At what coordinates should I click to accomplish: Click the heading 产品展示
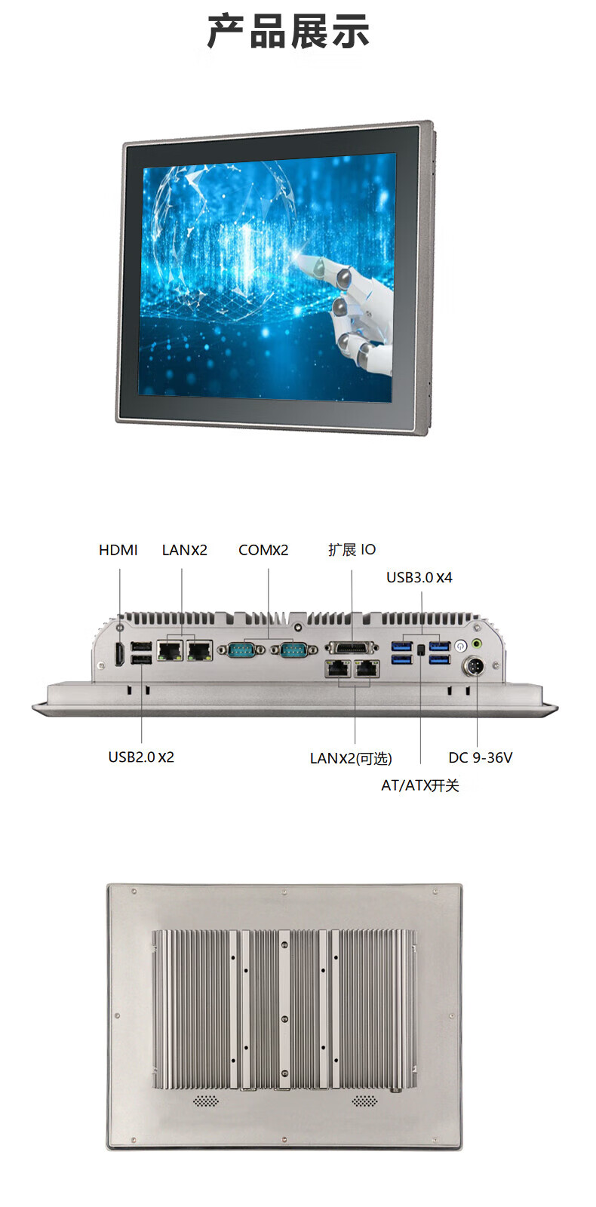tap(288, 32)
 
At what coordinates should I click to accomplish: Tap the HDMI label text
tap(118, 550)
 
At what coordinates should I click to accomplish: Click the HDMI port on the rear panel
tap(119, 653)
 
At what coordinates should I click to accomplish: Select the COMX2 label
tap(263, 550)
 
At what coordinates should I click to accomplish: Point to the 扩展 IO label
tap(352, 550)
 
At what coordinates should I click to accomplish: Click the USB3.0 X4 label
tap(419, 578)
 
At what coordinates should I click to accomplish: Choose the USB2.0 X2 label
tap(141, 757)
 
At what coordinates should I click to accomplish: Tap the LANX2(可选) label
tap(351, 758)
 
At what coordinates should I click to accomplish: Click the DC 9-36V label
tap(480, 757)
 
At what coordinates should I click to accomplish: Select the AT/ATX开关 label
tap(419, 785)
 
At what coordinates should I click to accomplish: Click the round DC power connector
tap(477, 668)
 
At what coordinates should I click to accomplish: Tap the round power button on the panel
tap(460, 646)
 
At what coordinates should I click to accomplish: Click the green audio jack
tap(477, 645)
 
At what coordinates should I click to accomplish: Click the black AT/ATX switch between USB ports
tap(420, 649)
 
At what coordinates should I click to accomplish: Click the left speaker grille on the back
tap(206, 1101)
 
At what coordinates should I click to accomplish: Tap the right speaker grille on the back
tap(364, 1101)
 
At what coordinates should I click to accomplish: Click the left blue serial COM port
tap(241, 649)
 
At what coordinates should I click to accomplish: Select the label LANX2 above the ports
tap(184, 550)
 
